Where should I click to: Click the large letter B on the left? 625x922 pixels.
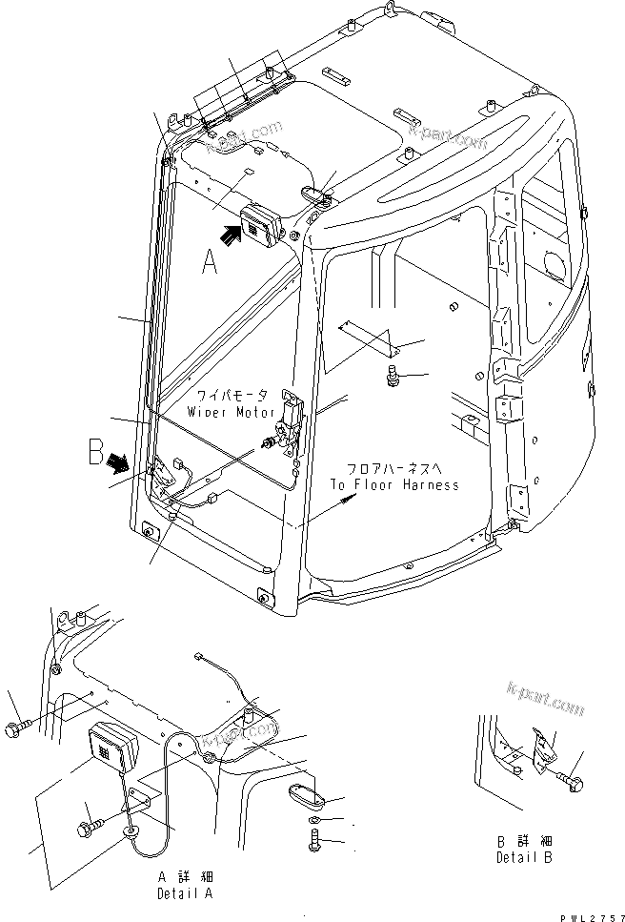[x=95, y=451]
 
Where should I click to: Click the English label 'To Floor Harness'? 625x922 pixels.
[x=393, y=484]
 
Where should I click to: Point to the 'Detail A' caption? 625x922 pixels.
[x=186, y=894]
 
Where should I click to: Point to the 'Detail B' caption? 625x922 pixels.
[x=524, y=857]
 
